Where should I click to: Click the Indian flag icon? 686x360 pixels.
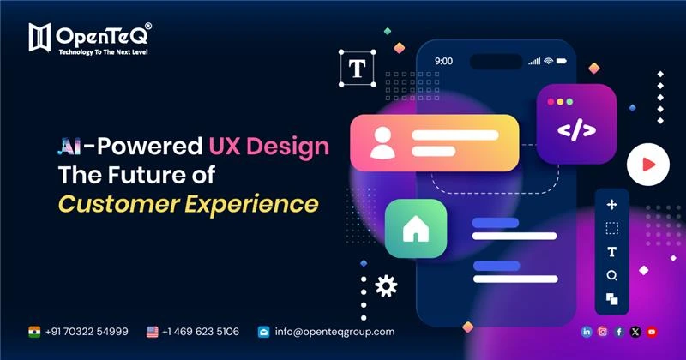34,331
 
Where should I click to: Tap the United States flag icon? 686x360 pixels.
153,331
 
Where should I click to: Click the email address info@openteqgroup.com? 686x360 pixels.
334,331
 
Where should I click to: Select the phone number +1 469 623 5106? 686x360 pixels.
200,331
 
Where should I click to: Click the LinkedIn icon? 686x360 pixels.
587,332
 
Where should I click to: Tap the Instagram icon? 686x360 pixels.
603,332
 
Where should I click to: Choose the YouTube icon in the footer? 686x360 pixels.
652,332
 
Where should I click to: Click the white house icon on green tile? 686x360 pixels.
415,228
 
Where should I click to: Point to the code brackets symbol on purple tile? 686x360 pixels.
575,130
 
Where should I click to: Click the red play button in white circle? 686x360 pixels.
647,164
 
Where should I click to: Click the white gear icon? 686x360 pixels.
386,285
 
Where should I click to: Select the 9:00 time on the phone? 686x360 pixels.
443,62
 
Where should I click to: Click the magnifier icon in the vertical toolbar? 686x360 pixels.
611,275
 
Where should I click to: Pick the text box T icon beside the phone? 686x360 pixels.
353,68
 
